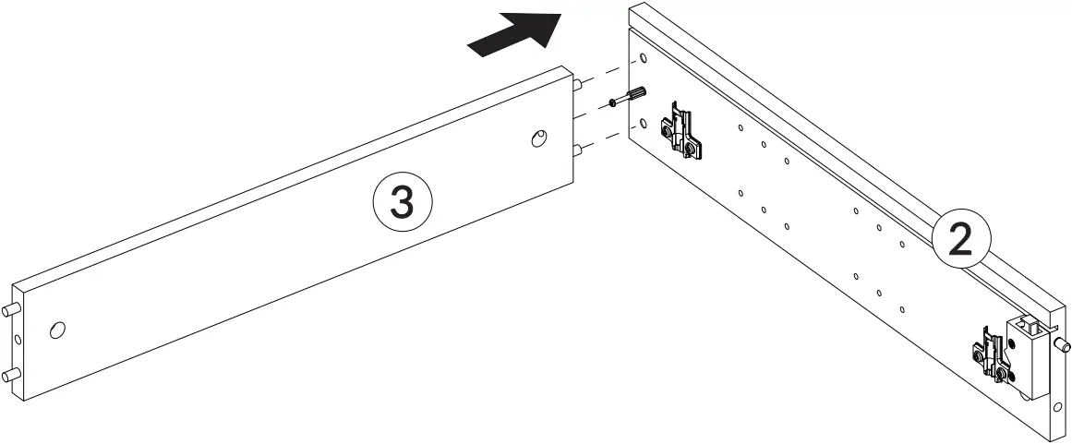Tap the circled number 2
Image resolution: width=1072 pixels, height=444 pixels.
tap(960, 240)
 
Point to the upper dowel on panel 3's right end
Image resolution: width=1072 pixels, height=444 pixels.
tap(577, 84)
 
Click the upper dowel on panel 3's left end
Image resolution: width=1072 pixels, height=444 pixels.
tap(10, 309)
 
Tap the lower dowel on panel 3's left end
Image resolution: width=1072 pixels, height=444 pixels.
tap(10, 374)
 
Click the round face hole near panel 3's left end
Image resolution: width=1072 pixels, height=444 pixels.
tap(57, 330)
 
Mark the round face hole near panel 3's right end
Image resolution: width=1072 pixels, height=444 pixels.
tap(537, 138)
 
